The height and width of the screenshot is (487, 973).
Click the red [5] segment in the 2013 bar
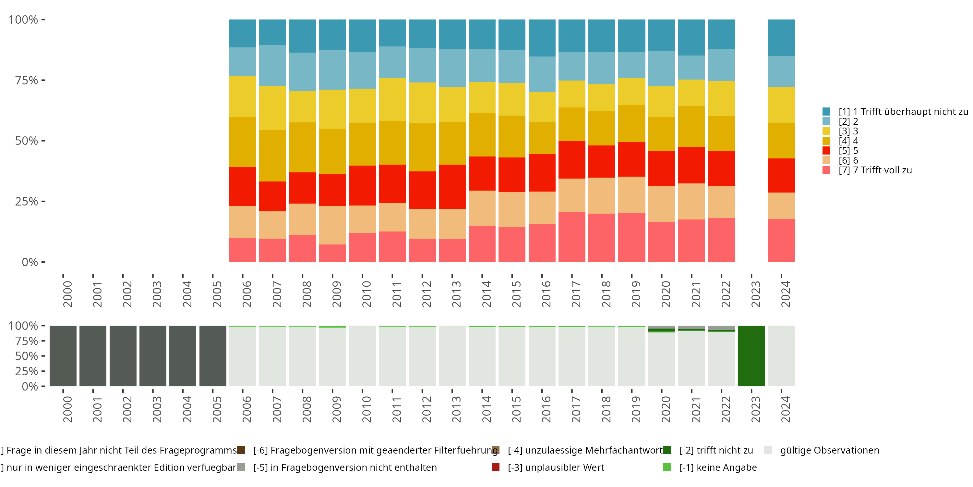452,186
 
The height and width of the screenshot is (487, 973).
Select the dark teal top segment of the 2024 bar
781,38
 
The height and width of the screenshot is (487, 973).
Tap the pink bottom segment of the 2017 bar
572,237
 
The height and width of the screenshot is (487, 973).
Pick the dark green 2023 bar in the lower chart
751,356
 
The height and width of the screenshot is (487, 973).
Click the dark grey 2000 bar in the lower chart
63,356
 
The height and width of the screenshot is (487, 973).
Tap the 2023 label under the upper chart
755,294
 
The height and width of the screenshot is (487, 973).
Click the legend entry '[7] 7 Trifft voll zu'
875,170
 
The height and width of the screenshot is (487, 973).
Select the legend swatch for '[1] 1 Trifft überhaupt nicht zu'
826,112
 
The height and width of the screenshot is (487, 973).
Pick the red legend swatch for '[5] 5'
826,151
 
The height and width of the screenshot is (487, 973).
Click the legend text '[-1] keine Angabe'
718,467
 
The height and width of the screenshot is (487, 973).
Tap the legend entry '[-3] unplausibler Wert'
556,467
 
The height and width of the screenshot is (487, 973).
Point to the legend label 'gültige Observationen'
829,450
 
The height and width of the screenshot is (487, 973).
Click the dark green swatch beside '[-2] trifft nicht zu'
667,450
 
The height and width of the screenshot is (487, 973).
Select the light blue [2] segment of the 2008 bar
302,72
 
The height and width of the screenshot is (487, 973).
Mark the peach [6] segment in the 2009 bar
332,225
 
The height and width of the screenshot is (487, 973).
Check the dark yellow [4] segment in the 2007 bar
272,156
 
